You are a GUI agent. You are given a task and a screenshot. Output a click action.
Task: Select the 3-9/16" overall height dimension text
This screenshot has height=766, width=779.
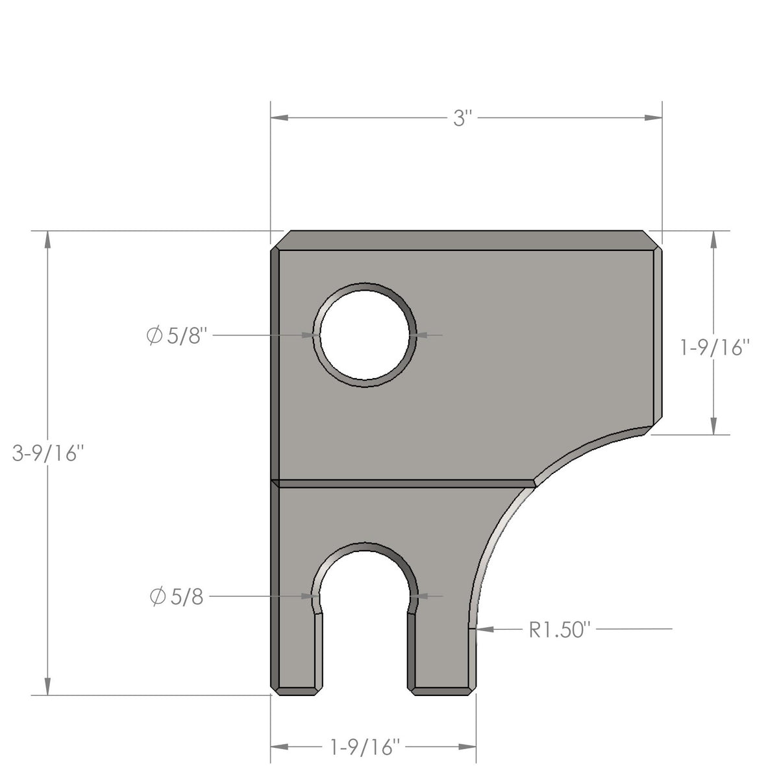(x=49, y=453)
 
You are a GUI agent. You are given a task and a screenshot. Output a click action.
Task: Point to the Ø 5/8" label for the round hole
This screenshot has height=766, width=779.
(x=177, y=336)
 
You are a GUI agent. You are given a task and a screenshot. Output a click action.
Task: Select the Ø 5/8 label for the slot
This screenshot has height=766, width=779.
(x=176, y=597)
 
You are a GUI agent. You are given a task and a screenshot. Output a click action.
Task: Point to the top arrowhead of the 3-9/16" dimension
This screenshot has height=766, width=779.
(x=47, y=239)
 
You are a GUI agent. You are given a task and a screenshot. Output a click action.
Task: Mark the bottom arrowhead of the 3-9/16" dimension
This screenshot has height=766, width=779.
(x=47, y=686)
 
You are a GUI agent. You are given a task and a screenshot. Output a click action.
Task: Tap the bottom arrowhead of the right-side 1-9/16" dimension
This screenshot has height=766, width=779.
(x=714, y=425)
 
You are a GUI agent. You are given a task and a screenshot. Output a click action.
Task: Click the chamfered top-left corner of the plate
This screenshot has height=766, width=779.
(x=280, y=240)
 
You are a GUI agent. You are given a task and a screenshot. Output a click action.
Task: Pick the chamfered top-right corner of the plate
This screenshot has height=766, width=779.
(x=652, y=240)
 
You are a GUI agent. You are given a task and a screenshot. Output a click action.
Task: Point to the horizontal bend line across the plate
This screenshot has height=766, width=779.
(x=402, y=483)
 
